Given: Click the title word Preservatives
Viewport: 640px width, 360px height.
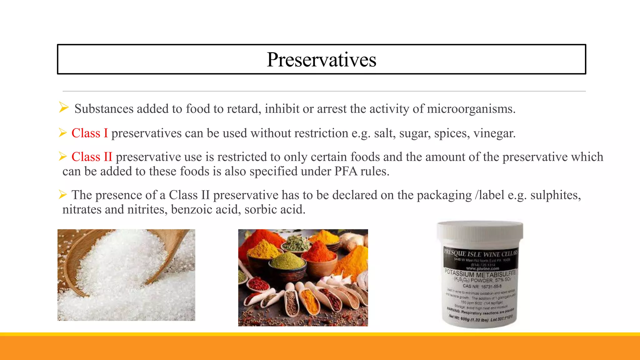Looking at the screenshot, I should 321,59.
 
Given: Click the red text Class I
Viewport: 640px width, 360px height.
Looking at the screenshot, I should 89,133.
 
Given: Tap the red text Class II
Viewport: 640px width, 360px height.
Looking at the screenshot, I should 92,157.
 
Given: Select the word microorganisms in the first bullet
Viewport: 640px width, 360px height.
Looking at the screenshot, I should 471,109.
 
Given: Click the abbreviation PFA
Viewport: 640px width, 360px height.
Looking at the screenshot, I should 346,171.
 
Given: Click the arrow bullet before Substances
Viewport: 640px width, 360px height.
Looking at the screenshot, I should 64,108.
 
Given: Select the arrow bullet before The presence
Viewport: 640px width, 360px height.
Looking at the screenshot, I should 63,195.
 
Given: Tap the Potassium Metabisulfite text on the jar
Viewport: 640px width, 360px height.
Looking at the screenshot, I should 480,274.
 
